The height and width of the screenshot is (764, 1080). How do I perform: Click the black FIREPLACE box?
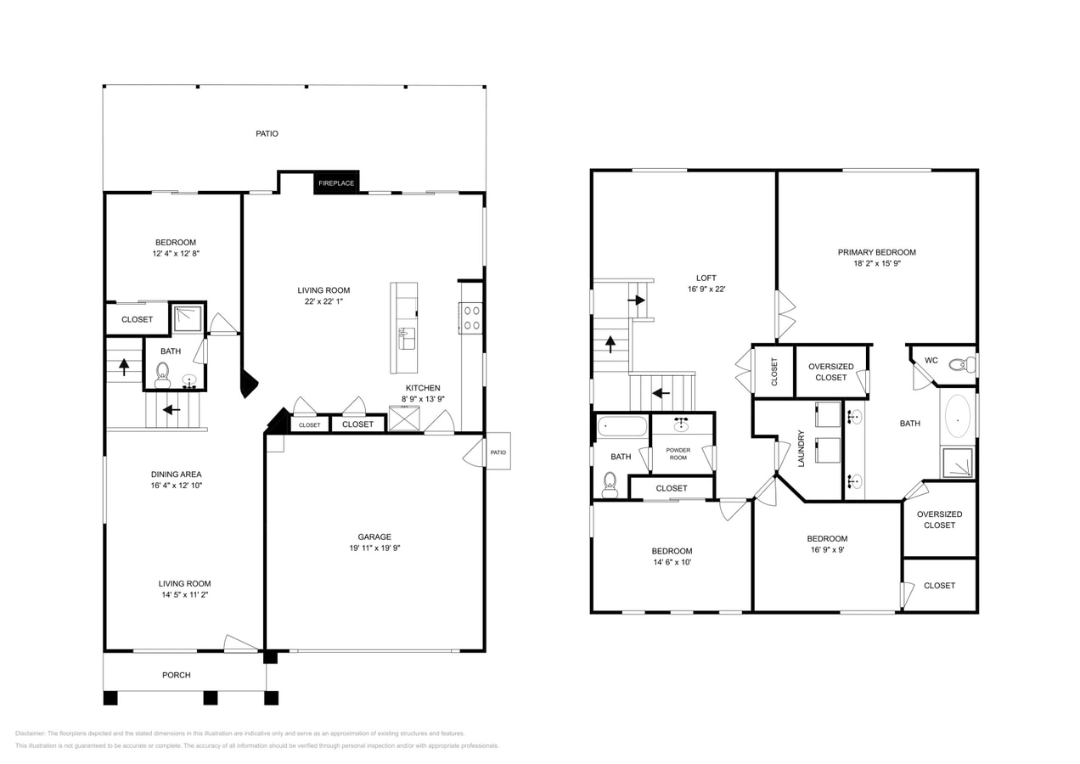pyautogui.click(x=336, y=183)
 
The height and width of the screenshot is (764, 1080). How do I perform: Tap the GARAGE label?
pyautogui.click(x=374, y=536)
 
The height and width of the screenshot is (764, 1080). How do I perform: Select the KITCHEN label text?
pyautogui.click(x=422, y=388)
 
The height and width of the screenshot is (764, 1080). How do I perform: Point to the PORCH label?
pyautogui.click(x=177, y=675)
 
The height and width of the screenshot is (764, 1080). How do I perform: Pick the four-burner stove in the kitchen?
pyautogui.click(x=471, y=318)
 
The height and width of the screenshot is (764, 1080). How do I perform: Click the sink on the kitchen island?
pyautogui.click(x=407, y=338)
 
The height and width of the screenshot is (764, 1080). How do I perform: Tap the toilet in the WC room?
pyautogui.click(x=961, y=365)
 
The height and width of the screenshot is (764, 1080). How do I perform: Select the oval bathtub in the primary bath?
pyautogui.click(x=958, y=415)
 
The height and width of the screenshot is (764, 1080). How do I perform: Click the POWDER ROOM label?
pyautogui.click(x=678, y=453)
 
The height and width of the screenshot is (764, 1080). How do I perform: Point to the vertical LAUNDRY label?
pyautogui.click(x=801, y=448)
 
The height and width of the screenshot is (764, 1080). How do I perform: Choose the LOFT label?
pyautogui.click(x=706, y=278)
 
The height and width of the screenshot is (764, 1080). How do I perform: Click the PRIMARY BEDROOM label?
pyautogui.click(x=876, y=252)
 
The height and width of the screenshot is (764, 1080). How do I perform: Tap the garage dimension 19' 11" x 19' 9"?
pyautogui.click(x=374, y=548)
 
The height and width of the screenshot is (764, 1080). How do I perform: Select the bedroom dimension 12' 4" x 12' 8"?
pyautogui.click(x=176, y=253)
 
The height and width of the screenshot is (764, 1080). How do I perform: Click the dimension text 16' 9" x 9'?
pyautogui.click(x=827, y=549)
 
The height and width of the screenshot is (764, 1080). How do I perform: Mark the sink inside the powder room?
pyautogui.click(x=681, y=425)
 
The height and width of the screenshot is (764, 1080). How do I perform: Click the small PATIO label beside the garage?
pyautogui.click(x=498, y=452)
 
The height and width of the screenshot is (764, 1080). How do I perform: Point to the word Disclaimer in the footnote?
pyautogui.click(x=30, y=733)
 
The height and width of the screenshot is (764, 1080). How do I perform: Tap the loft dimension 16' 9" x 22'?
pyautogui.click(x=706, y=289)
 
